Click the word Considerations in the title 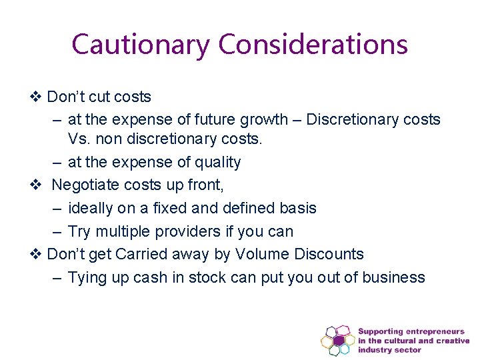click(x=313, y=45)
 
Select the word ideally click(x=91, y=208)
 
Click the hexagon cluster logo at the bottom click(x=339, y=340)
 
